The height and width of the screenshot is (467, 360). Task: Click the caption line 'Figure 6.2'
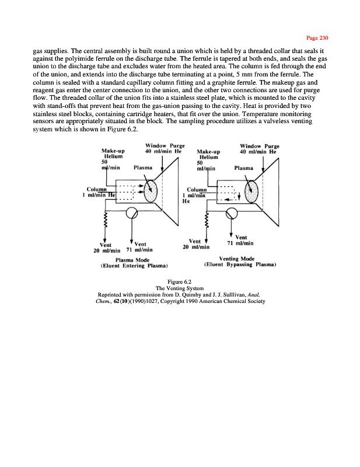coord(180,281)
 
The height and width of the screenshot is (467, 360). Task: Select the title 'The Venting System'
coord(180,288)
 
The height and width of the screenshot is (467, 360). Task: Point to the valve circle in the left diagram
coord(133,211)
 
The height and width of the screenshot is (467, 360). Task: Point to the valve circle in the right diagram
coord(232,211)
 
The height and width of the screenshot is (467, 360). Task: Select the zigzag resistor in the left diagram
coord(105,221)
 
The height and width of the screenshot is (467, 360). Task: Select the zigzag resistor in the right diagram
coord(206,221)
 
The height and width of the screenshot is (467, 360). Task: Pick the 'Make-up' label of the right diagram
coord(209,151)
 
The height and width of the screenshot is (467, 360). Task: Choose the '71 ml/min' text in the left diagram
coord(139,249)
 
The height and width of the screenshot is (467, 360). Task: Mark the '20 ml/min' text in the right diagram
coord(195,247)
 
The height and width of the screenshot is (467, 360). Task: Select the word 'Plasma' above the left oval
coord(144,167)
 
